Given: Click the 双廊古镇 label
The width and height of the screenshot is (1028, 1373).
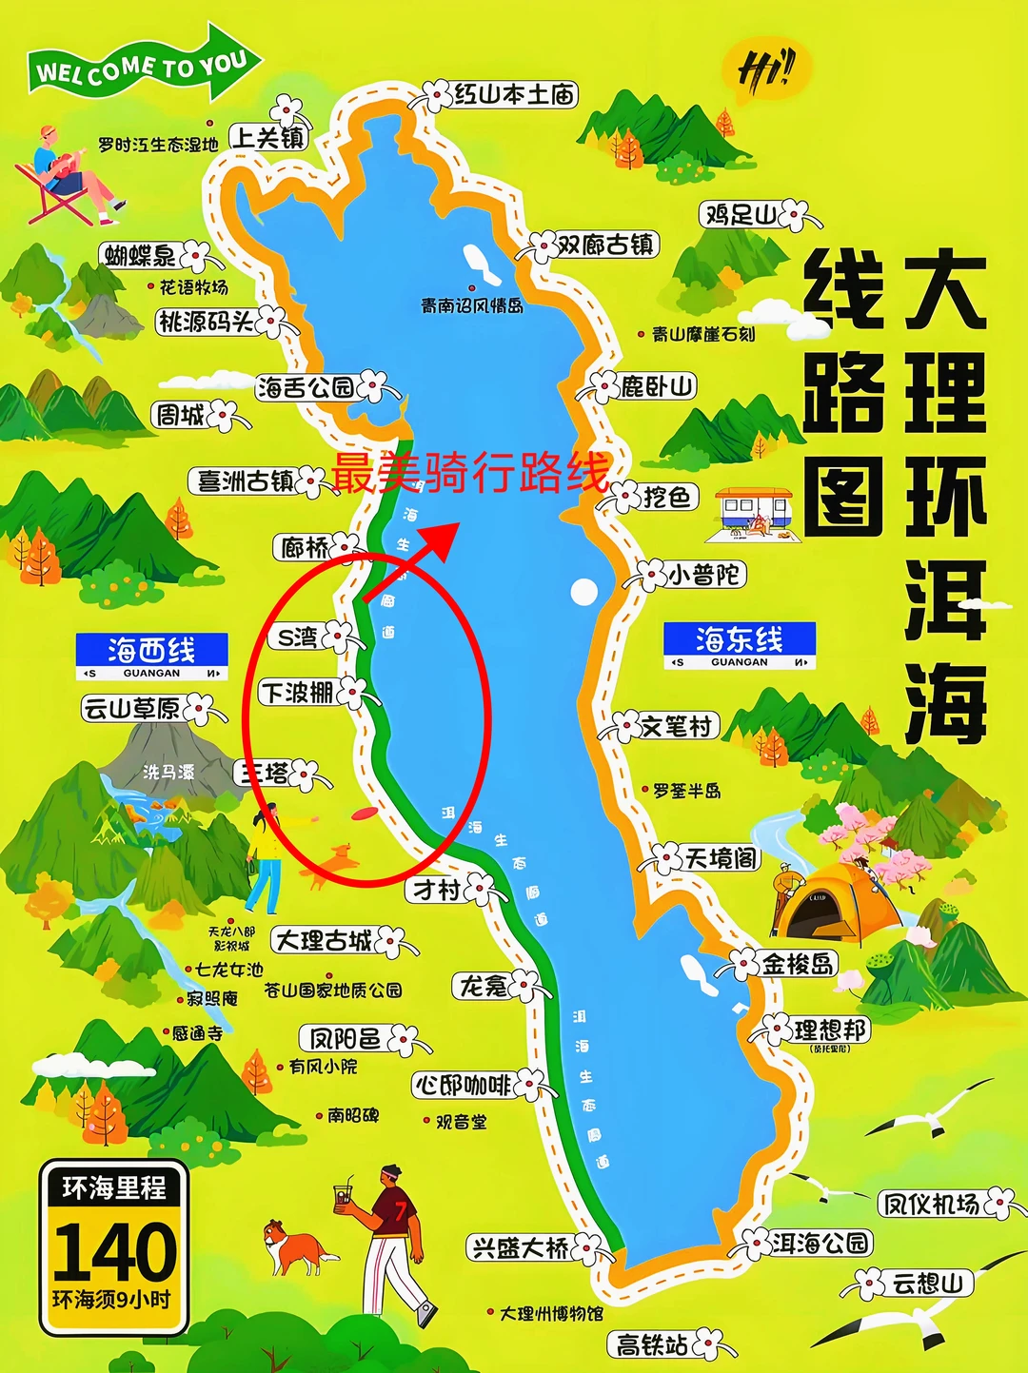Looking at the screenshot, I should point(604,245).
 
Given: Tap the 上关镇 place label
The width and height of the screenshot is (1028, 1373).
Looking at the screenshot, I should point(268,138).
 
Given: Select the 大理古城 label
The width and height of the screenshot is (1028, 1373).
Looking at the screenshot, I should point(324,941).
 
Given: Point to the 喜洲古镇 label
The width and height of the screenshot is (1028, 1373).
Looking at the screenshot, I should point(245,481).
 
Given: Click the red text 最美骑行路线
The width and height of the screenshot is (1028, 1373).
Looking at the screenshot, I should point(469,473).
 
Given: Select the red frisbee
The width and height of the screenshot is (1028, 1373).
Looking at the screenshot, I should point(365,814).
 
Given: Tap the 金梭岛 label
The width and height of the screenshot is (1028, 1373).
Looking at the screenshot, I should point(798,964).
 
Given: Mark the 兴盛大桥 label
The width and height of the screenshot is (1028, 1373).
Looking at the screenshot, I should point(520,1247).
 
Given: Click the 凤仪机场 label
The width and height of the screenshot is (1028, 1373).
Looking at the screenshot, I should point(931,1204).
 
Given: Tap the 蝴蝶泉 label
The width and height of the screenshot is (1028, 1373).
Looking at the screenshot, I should point(141,255).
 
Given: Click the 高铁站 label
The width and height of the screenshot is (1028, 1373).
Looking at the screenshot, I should point(652,1344).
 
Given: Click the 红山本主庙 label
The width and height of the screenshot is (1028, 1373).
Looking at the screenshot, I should point(514,94).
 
